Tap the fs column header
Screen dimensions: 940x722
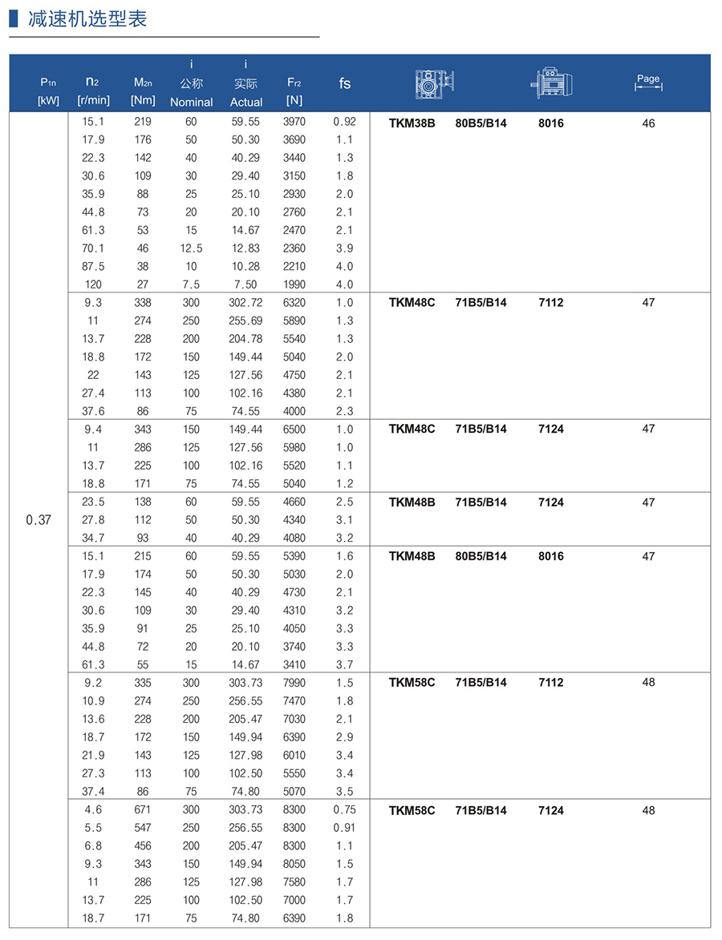click(344, 83)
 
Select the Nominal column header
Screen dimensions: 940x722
click(191, 102)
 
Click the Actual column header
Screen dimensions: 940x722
click(245, 102)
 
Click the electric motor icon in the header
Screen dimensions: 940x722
click(552, 83)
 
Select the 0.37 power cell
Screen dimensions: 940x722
click(39, 519)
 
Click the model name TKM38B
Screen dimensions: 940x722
click(412, 123)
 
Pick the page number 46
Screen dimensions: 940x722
click(648, 123)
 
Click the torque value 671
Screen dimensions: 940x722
click(143, 809)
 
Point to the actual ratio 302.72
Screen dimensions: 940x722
click(245, 302)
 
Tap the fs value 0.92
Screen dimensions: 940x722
click(344, 122)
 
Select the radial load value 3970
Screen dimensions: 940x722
click(294, 122)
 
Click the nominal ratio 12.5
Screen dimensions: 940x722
click(191, 248)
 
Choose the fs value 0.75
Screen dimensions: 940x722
click(344, 809)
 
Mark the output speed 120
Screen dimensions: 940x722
click(93, 284)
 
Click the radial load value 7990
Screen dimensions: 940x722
click(294, 683)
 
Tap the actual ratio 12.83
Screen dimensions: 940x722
click(245, 248)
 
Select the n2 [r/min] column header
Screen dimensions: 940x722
click(93, 90)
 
